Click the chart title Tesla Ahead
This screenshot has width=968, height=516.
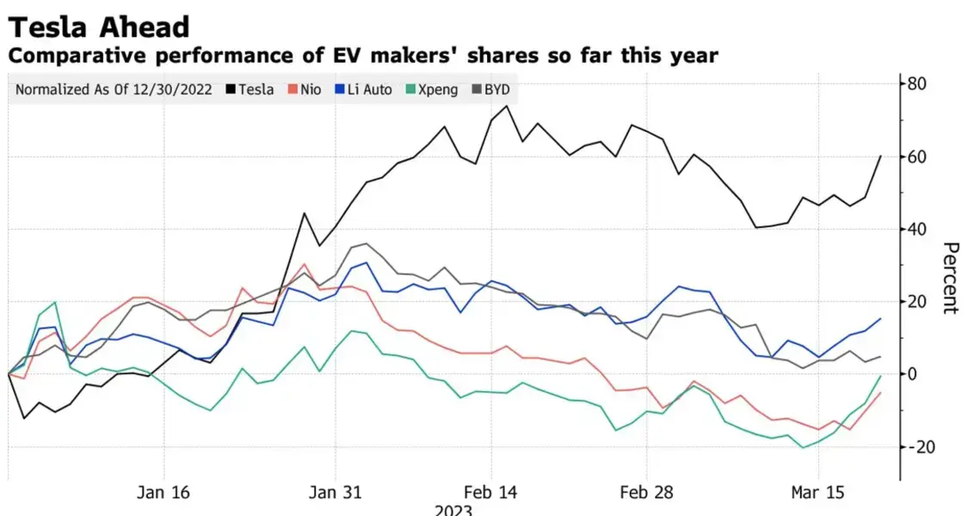click(x=99, y=28)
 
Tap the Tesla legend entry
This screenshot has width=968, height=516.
click(x=250, y=89)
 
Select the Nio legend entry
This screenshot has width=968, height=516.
click(x=305, y=89)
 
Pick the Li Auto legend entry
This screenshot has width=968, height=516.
click(x=364, y=89)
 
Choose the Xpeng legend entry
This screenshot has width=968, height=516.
click(x=432, y=90)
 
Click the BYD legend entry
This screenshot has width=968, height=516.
click(x=490, y=89)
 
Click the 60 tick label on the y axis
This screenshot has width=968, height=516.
click(x=916, y=157)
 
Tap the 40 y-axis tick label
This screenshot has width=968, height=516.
click(x=916, y=229)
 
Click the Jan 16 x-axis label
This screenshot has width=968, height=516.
click(x=163, y=493)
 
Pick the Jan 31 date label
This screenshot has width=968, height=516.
click(x=336, y=493)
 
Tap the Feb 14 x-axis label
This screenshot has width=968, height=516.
click(x=490, y=493)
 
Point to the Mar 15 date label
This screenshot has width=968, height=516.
click(x=818, y=493)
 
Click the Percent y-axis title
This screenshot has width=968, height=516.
click(x=951, y=279)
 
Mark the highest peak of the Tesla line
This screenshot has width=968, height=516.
click(x=507, y=106)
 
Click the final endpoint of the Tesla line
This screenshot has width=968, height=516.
click(x=880, y=157)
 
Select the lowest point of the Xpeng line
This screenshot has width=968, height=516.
click(x=803, y=447)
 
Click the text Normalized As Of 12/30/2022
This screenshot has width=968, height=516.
click(x=114, y=89)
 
